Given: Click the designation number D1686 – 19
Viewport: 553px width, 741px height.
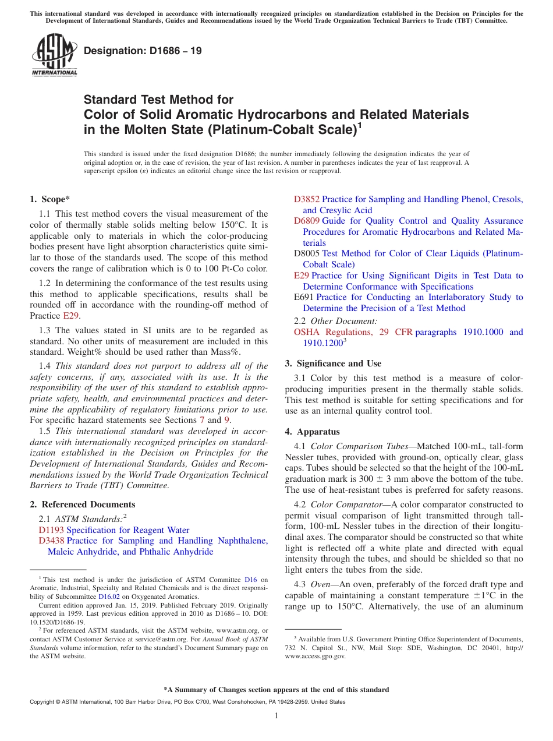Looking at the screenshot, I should [x=143, y=51].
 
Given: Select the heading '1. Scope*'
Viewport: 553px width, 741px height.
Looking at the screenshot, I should [x=49, y=200].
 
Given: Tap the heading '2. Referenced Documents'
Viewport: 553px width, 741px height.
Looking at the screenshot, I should [x=83, y=504].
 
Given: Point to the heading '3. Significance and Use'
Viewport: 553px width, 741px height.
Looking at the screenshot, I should [x=333, y=364].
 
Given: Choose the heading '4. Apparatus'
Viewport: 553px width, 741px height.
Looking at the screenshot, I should [x=312, y=432].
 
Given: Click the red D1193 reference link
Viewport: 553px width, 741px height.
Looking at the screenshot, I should [x=51, y=530].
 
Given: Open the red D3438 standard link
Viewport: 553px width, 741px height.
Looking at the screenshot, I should [x=51, y=541].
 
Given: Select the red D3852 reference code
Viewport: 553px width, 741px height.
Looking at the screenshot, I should [x=307, y=199].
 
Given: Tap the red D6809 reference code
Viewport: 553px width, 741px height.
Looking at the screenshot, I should [x=307, y=221].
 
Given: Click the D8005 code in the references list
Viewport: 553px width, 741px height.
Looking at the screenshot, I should [x=307, y=253].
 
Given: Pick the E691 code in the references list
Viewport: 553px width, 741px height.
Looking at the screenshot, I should [x=304, y=297].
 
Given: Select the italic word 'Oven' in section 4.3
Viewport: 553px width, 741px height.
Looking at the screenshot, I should [x=321, y=584].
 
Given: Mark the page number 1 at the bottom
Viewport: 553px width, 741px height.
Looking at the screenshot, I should [x=276, y=715].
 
